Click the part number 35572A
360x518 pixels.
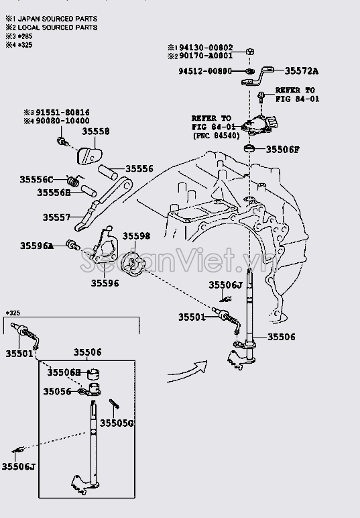(302, 70)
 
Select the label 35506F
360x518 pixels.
(282, 149)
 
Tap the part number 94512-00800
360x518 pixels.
(205, 70)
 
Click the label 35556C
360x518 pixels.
(36, 179)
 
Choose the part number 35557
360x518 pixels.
(58, 217)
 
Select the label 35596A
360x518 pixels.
(36, 246)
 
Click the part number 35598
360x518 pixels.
(136, 236)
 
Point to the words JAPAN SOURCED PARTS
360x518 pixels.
(57, 19)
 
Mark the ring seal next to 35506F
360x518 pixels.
(249, 148)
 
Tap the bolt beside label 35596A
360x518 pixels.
(72, 246)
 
